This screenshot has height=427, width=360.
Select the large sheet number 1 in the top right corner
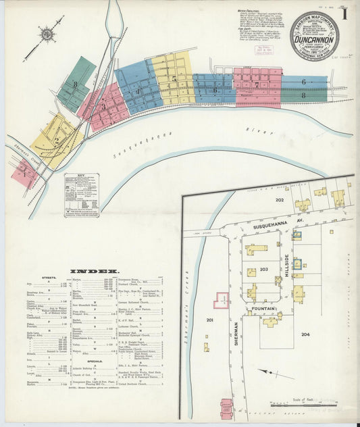point(344,11)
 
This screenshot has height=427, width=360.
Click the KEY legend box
point(82,195)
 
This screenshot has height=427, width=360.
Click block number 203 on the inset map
point(264,269)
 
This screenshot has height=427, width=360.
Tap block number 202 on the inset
point(279,200)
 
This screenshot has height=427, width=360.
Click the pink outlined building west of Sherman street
point(221,300)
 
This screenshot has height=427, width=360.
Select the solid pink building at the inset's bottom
point(226,408)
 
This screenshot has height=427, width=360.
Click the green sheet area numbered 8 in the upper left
point(76,86)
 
